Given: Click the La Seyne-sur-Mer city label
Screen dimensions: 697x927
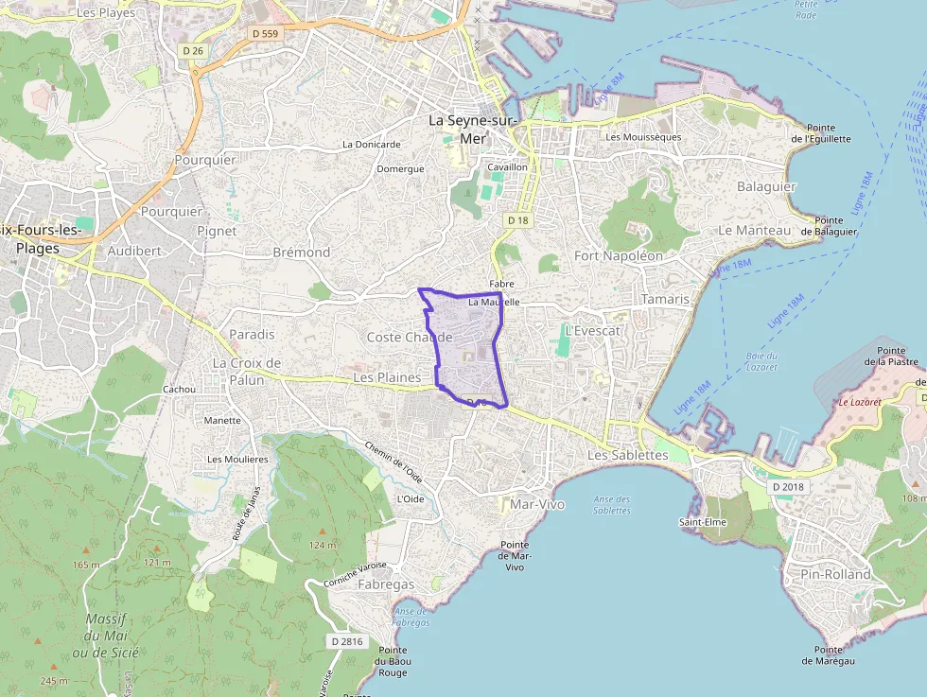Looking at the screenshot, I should [473, 130].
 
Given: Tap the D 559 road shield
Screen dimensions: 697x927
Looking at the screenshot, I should [266, 33].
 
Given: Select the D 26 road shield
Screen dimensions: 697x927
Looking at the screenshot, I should [193, 50].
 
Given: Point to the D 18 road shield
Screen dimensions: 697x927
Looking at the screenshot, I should [517, 220].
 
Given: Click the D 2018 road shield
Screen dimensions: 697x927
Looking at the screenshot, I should [787, 486].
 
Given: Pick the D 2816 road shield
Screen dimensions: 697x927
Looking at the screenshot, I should [348, 641].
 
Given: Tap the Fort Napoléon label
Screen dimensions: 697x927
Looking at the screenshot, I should [619, 255].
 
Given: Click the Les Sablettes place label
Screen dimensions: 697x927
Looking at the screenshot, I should [627, 455].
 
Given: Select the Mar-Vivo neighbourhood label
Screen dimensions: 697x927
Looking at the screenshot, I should [536, 504].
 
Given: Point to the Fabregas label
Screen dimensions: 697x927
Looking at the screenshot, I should [386, 584].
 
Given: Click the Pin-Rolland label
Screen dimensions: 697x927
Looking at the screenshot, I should [835, 574].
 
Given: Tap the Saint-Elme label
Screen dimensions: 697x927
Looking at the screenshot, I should [702, 522].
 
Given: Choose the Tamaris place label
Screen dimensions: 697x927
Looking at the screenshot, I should [666, 299].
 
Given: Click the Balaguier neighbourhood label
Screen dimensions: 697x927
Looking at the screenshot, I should [766, 186].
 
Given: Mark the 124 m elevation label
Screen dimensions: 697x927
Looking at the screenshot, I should [323, 545].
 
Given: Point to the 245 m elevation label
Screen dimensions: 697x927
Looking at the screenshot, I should [54, 681].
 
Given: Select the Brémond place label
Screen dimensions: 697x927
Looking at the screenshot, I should [301, 253].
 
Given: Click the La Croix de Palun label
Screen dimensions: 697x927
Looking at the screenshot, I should [247, 371].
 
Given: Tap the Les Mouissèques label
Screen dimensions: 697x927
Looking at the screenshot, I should [643, 137].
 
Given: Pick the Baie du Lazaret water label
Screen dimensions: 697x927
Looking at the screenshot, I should [761, 361].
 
